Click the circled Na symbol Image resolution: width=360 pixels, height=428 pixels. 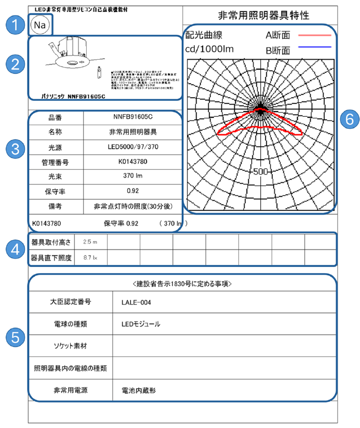pos(39,24)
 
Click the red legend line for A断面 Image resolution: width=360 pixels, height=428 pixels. pos(314,35)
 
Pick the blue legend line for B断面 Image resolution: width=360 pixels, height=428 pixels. pos(314,47)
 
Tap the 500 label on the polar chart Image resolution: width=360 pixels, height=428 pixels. pos(260,171)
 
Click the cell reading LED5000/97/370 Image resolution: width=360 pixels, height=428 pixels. pos(132,147)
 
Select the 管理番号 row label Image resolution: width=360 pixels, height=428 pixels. pos(55,162)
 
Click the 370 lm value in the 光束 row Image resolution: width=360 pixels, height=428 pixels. pos(132,177)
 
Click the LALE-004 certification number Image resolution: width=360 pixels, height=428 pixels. pos(136,302)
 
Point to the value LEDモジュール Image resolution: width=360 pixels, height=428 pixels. pos(141,324)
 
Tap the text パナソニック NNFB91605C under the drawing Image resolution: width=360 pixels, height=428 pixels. pos(73,96)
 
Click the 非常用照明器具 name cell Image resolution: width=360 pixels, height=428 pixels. pos(132,132)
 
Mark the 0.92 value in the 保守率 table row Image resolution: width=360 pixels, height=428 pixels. pos(132,192)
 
